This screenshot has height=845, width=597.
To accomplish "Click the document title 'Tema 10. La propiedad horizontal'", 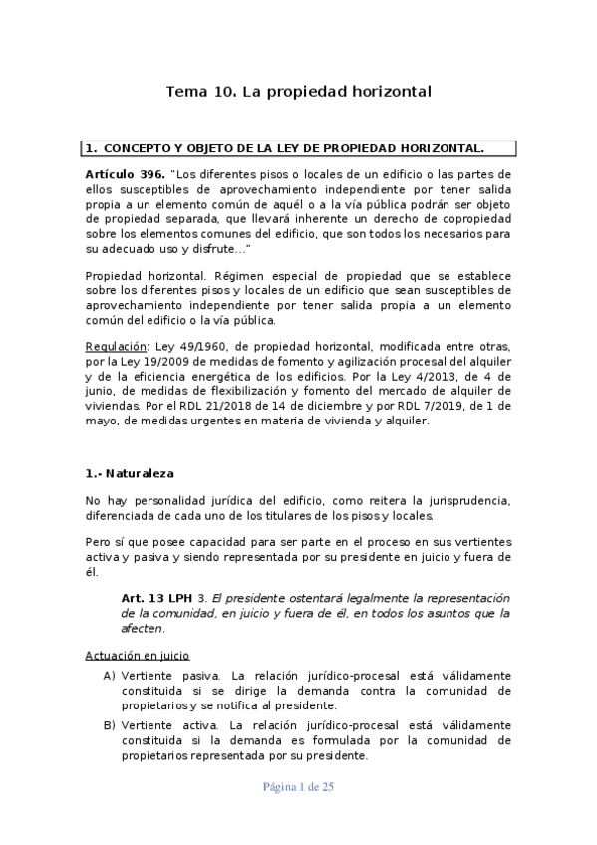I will pos(298,91).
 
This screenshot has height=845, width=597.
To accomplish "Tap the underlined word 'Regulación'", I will pos(116,346).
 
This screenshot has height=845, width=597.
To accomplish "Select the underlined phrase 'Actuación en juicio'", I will pos(138,656).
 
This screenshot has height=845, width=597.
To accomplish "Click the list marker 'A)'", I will pos(109,675).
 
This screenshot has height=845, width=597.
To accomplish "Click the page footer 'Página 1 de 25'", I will pos(298,786).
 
